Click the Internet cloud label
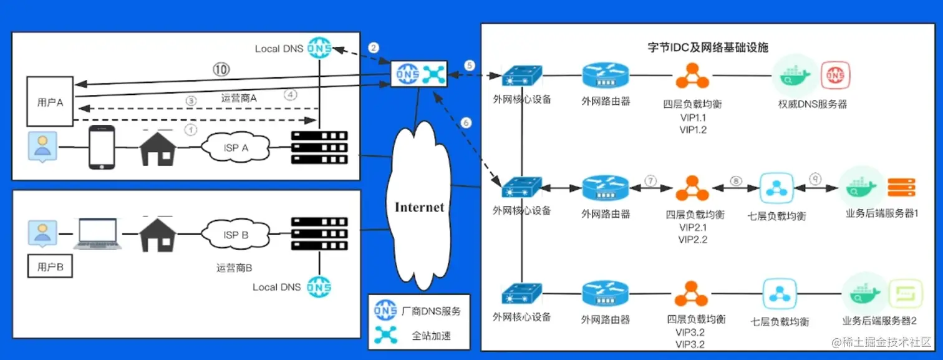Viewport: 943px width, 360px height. click(419, 207)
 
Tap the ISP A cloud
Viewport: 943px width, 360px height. click(235, 147)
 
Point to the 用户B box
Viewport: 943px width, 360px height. click(51, 267)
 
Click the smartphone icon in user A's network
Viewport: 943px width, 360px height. click(101, 147)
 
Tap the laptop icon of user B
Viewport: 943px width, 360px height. click(98, 233)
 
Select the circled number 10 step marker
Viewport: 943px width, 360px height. click(221, 70)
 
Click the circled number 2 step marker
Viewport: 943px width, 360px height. click(374, 47)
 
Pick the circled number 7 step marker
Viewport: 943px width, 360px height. click(650, 180)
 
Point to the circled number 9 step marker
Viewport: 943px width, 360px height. click(815, 179)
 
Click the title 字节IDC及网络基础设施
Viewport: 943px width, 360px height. click(708, 47)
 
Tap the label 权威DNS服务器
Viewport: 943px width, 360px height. click(812, 104)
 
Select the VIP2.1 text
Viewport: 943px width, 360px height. click(692, 227)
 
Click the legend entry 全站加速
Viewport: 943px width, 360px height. click(431, 336)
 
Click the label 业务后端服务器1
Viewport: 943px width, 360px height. click(881, 214)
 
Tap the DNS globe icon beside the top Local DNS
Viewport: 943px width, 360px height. click(319, 48)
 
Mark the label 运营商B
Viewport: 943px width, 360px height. click(235, 268)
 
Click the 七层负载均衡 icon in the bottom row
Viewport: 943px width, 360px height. click(779, 294)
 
